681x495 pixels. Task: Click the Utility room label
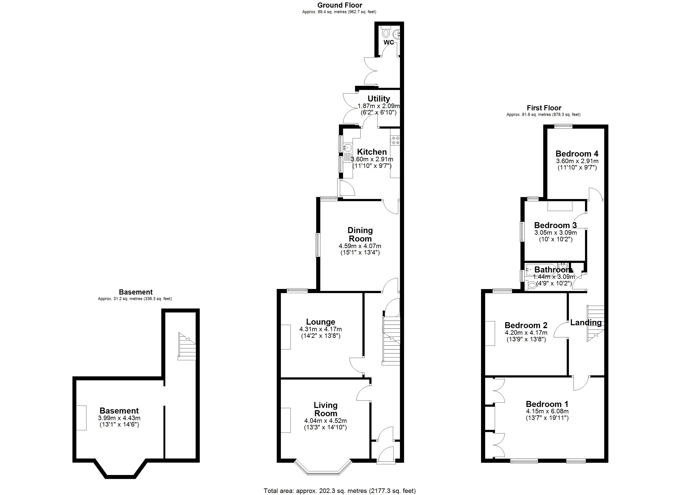(379, 98)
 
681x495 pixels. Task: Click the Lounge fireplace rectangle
(286, 337)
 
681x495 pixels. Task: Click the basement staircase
(187, 347)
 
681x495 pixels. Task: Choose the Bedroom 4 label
(577, 154)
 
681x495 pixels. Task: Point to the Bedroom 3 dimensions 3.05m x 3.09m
(555, 233)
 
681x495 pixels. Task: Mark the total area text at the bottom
(340, 491)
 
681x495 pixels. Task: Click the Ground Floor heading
(340, 5)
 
